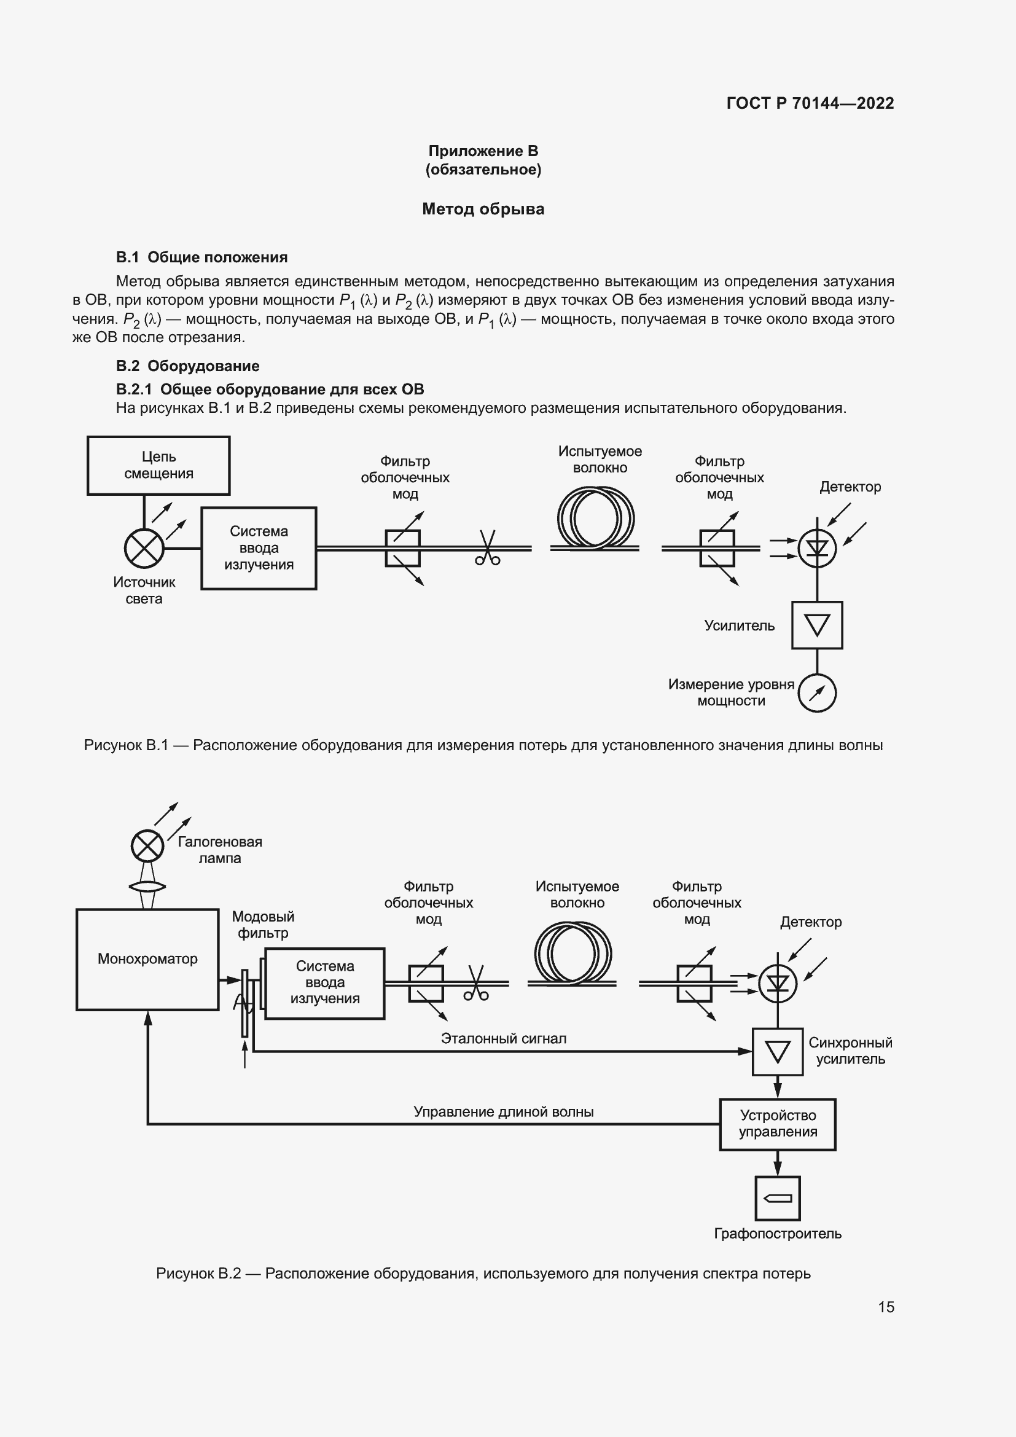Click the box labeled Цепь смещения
pyautogui.click(x=158, y=465)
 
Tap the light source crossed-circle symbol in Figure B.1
pyautogui.click(x=144, y=548)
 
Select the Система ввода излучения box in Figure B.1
pyautogui.click(x=259, y=547)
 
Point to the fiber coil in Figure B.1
pyautogui.click(x=595, y=520)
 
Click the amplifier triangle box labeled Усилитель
pyautogui.click(x=817, y=625)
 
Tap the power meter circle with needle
pyautogui.click(x=817, y=693)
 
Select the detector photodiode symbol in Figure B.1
pyautogui.click(x=817, y=548)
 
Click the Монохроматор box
pyautogui.click(x=147, y=959)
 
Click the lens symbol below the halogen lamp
pyautogui.click(x=147, y=887)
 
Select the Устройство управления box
pyautogui.click(x=778, y=1124)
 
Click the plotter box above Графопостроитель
pyautogui.click(x=778, y=1198)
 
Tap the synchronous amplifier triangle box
pyautogui.click(x=778, y=1051)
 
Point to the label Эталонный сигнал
pyautogui.click(x=504, y=1038)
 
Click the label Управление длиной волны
pyautogui.click(x=504, y=1111)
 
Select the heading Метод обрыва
pyautogui.click(x=483, y=209)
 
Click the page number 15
pyautogui.click(x=886, y=1307)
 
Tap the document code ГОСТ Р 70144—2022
pyautogui.click(x=810, y=103)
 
